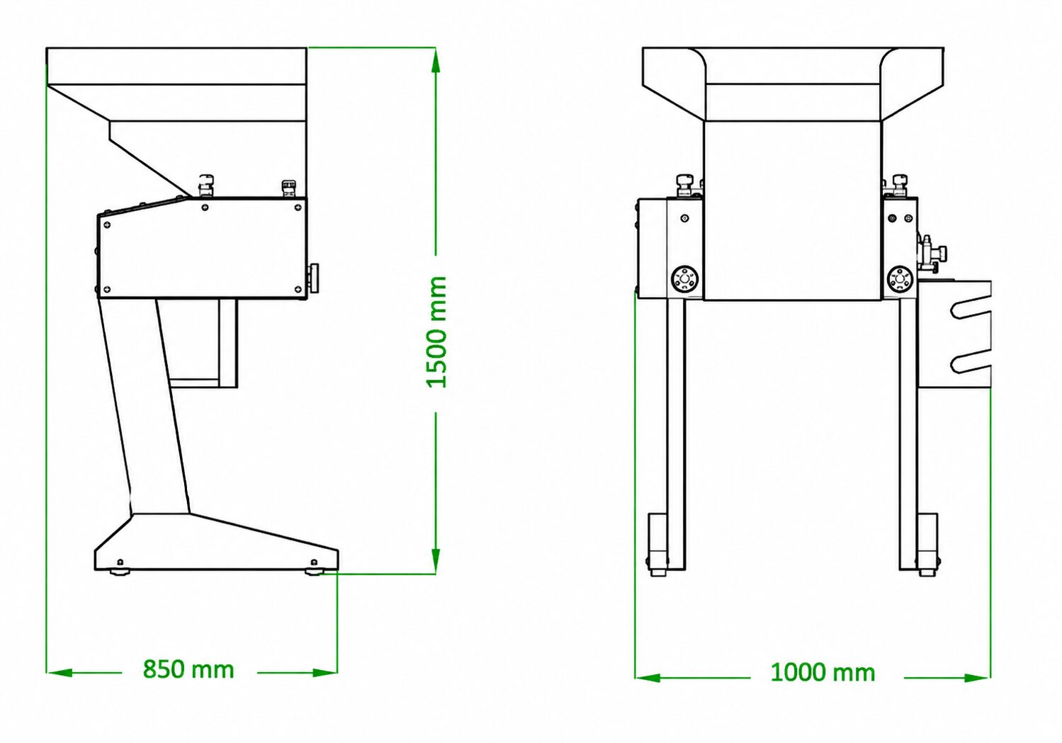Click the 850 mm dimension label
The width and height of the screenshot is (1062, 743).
pyautogui.click(x=188, y=669)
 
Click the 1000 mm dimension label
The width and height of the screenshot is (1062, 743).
pyautogui.click(x=823, y=672)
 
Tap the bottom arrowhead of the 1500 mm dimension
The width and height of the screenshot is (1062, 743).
pyautogui.click(x=436, y=561)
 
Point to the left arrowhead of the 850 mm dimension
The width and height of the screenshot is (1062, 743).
pyautogui.click(x=60, y=672)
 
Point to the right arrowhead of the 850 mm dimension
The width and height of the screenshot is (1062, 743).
pyautogui.click(x=324, y=672)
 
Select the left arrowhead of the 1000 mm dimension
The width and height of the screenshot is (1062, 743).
pyautogui.click(x=648, y=678)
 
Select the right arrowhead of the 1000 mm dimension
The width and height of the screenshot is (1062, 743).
pyautogui.click(x=977, y=678)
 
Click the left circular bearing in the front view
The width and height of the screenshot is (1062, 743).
pyautogui.click(x=685, y=278)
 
